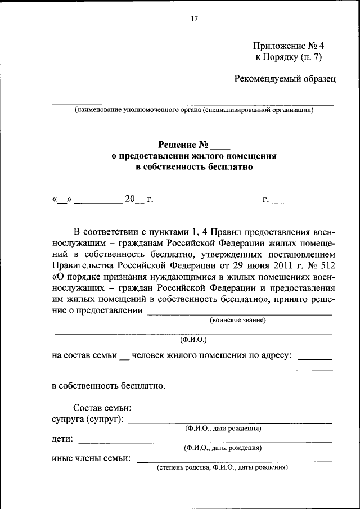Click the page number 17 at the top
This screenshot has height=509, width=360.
coord(195,19)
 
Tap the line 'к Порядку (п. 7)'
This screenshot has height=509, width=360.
coord(289,57)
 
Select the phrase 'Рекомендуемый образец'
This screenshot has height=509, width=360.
coord(285,78)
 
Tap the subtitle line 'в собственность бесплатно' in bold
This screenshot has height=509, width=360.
coord(195,167)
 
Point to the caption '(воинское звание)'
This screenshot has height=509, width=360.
coord(238,320)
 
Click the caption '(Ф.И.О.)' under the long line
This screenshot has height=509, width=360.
coord(193,340)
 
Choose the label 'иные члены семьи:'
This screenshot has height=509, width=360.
coord(91,458)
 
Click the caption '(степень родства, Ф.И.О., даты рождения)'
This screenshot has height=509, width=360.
coord(222,467)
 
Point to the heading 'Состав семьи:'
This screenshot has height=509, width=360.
coord(102,408)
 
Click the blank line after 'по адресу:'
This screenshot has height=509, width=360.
coord(314,359)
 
